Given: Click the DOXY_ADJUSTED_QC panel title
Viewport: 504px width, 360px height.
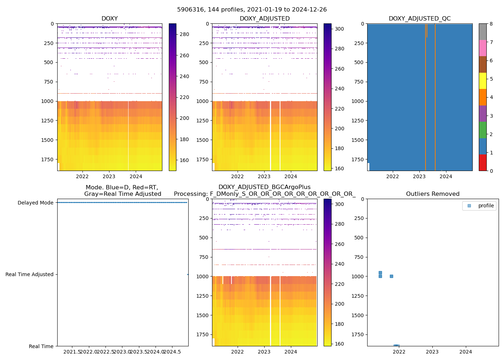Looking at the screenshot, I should coord(419,19).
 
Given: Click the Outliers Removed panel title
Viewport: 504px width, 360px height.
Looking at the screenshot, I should coord(433,194).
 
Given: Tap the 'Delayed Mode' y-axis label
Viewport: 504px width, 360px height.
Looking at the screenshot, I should coord(36,203).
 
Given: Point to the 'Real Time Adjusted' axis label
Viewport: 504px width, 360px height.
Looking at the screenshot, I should coord(30,274).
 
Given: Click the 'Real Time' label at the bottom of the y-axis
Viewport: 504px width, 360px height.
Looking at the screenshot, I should coord(41,346).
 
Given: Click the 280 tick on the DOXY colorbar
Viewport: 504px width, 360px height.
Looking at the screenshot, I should coord(184,35).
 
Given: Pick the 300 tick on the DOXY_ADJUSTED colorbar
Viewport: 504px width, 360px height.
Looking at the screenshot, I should coord(339,29).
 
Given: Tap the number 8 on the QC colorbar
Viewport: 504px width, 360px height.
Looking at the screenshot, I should coord(491,24).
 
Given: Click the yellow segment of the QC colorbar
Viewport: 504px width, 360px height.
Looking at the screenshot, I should coord(482,81).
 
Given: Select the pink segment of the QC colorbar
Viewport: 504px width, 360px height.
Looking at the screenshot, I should coord(482,48).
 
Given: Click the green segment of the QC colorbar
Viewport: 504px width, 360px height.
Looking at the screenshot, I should coord(482,130).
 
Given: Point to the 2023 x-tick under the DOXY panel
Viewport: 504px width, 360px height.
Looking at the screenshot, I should coord(109,176).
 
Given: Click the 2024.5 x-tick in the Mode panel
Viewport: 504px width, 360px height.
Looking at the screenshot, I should coord(172,352).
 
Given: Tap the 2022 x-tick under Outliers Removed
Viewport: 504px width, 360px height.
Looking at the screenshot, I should coord(399,352).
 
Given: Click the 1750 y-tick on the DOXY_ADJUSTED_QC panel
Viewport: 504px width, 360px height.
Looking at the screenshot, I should coord(358,159).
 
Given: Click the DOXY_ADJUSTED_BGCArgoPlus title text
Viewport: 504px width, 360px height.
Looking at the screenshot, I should coord(265,187).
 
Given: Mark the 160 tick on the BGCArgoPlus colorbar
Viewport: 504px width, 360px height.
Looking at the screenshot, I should coord(339,344).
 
